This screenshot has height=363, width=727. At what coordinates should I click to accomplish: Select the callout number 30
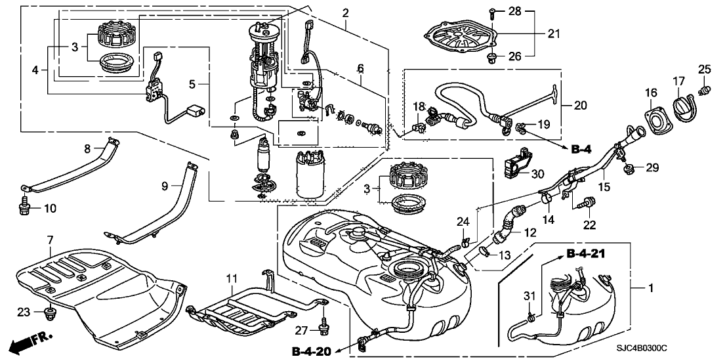tap(538, 173)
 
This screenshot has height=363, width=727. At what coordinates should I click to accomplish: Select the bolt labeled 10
tap(24, 207)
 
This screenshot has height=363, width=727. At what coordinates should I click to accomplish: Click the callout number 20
tap(580, 105)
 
